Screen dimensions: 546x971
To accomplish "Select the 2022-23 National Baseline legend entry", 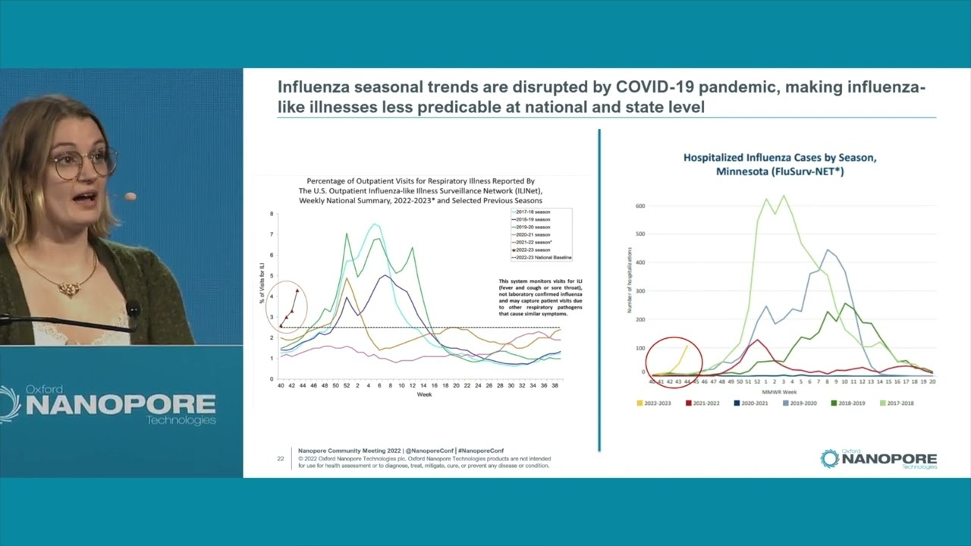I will tap(541, 258).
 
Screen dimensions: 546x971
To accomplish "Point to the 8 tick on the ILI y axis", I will tap(272, 214).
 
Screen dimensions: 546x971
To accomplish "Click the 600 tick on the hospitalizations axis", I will tap(640, 206).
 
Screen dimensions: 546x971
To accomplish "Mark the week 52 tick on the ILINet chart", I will tap(347, 386).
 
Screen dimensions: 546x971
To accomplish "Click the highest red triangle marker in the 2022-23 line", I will tap(297, 290).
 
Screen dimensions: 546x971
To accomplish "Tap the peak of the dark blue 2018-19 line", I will tap(385, 276).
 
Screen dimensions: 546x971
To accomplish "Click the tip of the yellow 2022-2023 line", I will tap(687, 346).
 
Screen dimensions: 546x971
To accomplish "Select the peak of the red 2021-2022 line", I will tap(757, 340).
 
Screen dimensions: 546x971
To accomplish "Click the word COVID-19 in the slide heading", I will tap(658, 88).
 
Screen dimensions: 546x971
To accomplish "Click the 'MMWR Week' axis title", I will tap(790, 391).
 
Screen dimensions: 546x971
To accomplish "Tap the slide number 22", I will tap(280, 458).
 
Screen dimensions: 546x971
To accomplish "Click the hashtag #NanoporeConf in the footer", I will tap(481, 450).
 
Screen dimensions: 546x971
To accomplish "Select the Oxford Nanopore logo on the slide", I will tap(878, 459).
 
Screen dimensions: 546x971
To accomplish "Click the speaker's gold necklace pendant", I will tap(70, 288).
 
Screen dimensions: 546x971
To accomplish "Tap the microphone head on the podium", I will tap(133, 309).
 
